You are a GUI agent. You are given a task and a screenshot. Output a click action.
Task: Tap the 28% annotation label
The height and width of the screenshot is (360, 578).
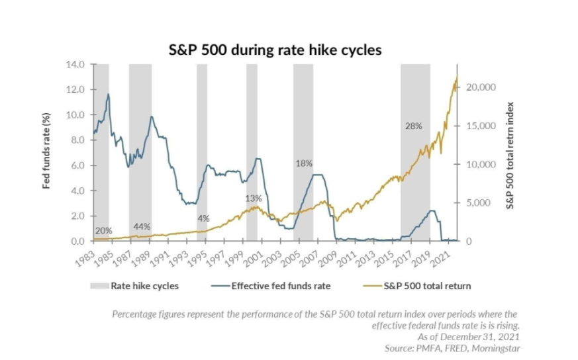pos(414,126)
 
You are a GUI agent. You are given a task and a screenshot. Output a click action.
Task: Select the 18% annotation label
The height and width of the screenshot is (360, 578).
pos(304,163)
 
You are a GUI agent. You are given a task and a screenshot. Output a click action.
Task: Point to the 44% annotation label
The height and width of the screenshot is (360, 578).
pos(142,226)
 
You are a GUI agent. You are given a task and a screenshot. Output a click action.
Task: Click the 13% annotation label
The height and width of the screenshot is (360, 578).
pos(254,199)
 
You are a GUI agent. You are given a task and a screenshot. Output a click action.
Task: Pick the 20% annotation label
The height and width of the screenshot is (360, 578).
pos(103,231)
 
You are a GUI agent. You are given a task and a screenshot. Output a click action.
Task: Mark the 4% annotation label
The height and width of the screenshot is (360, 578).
pos(203,218)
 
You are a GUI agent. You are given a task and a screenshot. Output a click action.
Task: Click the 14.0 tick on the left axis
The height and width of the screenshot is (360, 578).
pos(77,64)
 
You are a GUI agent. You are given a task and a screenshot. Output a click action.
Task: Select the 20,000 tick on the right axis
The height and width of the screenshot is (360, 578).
pos(482,87)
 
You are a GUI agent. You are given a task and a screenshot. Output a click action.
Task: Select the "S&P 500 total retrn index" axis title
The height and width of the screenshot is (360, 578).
pos(510,155)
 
